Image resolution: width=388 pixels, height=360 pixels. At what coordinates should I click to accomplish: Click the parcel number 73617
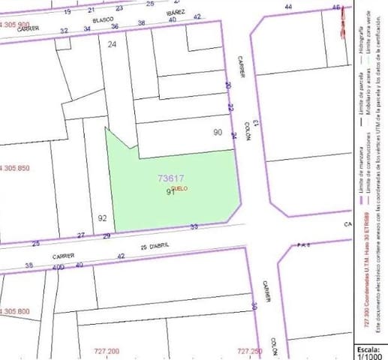pos(171,178)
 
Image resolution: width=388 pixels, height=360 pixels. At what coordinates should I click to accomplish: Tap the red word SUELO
pos(180,188)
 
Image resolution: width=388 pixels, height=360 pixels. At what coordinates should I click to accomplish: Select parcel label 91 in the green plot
pos(170,192)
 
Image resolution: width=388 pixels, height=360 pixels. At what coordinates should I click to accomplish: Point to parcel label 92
pos(102,218)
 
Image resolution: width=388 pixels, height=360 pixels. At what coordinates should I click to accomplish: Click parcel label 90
pos(218,133)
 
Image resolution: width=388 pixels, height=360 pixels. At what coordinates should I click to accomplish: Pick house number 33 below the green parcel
pos(194,226)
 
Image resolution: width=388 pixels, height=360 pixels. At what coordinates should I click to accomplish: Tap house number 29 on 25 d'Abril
pos(107,236)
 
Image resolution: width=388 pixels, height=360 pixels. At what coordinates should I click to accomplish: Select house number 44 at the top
pos(289,7)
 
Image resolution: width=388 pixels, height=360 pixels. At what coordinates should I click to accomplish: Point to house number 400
pos(58,267)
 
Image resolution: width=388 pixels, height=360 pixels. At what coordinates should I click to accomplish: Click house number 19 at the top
pos(68,13)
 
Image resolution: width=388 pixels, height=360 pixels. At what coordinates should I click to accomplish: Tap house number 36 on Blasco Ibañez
pos(114,27)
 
